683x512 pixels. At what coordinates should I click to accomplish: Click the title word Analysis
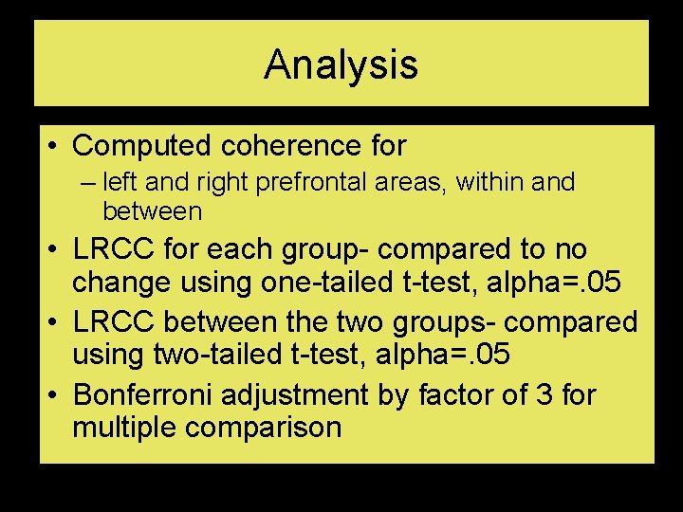click(341, 64)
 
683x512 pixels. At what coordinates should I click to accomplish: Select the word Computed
click(142, 146)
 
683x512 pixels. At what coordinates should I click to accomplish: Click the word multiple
click(124, 428)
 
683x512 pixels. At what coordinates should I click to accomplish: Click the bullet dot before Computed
click(54, 147)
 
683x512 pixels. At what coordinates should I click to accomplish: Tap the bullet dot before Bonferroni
click(54, 393)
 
